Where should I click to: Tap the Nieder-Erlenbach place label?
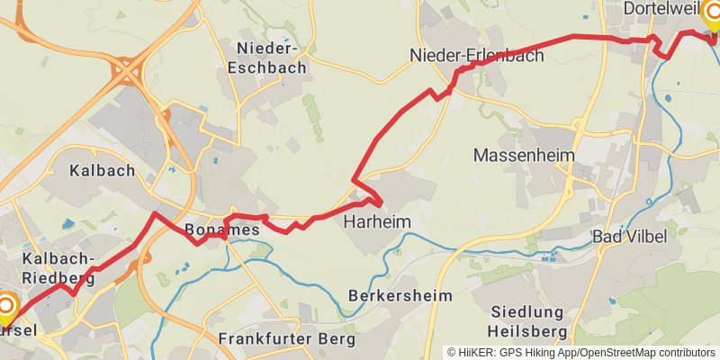click(477, 56)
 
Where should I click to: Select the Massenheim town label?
click(524, 156)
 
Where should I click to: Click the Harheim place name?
click(378, 221)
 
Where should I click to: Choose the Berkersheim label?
click(400, 295)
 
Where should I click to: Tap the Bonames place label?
click(221, 230)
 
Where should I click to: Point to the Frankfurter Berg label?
click(287, 339)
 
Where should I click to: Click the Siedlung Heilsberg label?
click(526, 322)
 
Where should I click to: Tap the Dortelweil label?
click(661, 9)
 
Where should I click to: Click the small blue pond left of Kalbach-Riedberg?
click(68, 223)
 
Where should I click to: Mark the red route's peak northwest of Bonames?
click(155, 213)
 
